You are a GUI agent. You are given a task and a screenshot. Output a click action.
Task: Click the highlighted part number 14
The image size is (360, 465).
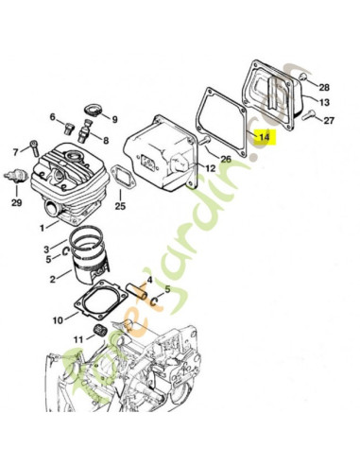(x=265, y=137)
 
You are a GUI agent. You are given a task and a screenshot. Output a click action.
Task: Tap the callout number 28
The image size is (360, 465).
(x=324, y=87)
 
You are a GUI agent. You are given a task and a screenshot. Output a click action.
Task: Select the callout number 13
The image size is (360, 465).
(x=324, y=102)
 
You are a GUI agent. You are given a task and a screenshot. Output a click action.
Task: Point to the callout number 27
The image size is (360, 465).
(x=329, y=120)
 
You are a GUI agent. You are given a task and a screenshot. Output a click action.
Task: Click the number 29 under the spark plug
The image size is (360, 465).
(x=17, y=202)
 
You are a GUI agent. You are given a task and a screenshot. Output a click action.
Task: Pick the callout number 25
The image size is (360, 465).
(x=120, y=206)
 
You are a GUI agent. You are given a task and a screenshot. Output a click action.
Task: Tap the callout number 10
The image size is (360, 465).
(x=58, y=320)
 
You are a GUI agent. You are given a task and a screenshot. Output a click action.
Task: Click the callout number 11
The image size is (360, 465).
(x=78, y=339)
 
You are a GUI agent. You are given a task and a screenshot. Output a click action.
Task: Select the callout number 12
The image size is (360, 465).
(x=211, y=168)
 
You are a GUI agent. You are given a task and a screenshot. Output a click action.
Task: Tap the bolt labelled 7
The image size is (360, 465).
(x=34, y=147)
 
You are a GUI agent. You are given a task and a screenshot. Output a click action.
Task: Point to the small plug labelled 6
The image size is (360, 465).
(x=68, y=129)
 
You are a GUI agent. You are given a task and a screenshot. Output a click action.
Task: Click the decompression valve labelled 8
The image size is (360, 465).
(x=84, y=131)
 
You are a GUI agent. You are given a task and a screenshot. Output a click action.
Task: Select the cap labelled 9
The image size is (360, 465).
(x=93, y=110)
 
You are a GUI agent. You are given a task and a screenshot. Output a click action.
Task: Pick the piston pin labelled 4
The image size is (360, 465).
(x=137, y=292)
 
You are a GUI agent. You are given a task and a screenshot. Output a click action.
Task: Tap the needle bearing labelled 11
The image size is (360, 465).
(x=101, y=332)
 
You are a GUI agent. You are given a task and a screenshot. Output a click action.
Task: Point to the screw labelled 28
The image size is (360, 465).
(x=303, y=76)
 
